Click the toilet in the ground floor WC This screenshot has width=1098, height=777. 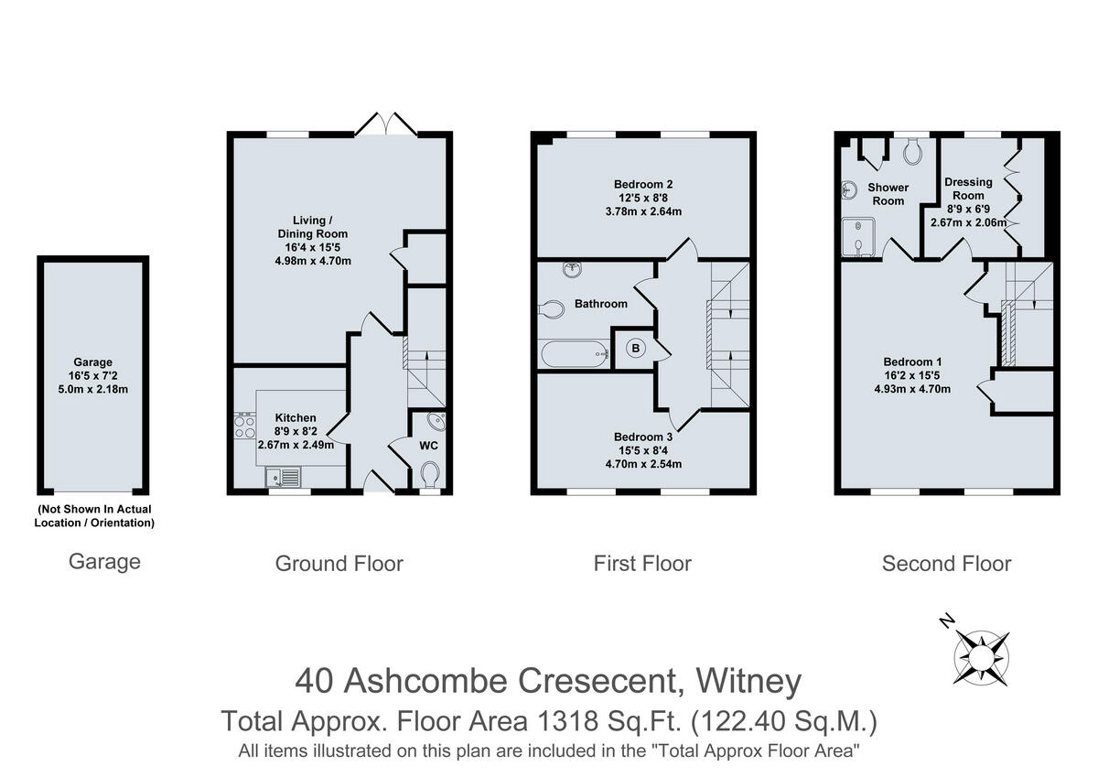429,474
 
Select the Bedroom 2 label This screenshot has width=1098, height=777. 643,184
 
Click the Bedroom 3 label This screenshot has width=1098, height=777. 643,437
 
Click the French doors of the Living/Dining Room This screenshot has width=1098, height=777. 385,124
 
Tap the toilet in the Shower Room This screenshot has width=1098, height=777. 912,152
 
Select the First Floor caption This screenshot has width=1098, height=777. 642,564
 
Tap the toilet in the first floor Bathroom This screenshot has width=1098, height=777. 552,309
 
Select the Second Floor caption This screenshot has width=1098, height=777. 946,564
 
